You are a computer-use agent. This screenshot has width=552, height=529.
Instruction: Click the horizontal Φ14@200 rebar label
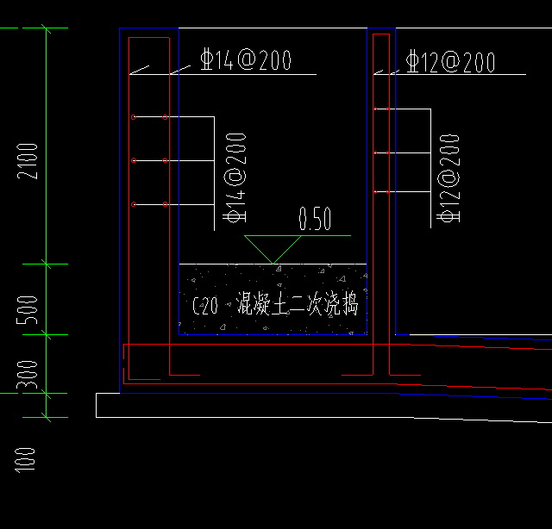pyautogui.click(x=245, y=60)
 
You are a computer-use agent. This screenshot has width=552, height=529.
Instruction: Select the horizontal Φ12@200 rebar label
pyautogui.click(x=450, y=62)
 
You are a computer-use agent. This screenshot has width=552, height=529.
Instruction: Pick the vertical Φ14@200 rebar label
pyautogui.click(x=235, y=178)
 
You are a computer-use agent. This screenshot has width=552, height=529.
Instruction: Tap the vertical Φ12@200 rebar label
pyautogui.click(x=448, y=178)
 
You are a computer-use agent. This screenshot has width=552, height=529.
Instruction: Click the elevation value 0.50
pyautogui.click(x=315, y=221)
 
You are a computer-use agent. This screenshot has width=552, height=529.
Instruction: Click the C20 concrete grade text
pyautogui.click(x=204, y=306)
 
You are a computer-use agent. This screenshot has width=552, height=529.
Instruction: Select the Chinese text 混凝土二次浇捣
pyautogui.click(x=291, y=305)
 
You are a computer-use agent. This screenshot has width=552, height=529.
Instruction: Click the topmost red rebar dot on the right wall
pyautogui.click(x=374, y=109)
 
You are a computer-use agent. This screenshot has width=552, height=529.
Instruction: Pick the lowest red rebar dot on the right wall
pyautogui.click(x=374, y=190)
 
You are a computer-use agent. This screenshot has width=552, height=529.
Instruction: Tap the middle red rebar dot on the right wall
pyautogui.click(x=374, y=153)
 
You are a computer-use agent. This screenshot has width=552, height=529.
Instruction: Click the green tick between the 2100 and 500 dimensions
pyautogui.click(x=46, y=264)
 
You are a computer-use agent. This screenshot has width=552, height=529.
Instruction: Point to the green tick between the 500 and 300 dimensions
pyautogui.click(x=46, y=334)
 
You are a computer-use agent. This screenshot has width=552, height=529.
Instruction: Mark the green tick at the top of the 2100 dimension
pyautogui.click(x=46, y=28)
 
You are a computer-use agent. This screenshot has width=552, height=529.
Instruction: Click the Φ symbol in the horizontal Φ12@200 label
pyautogui.click(x=413, y=62)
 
